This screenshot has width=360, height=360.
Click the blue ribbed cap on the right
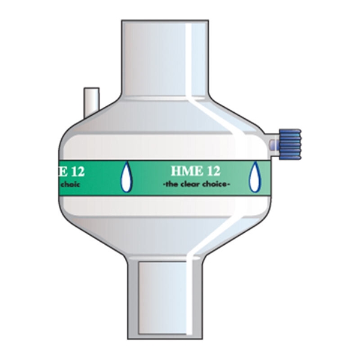(290, 144)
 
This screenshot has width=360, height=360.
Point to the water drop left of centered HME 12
(126, 178)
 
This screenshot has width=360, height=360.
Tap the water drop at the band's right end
(255, 178)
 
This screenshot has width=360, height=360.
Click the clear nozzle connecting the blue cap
(274, 144)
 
